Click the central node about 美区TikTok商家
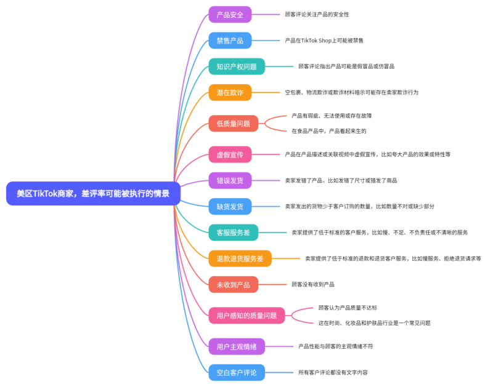[x=92, y=193]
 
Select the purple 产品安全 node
[x=229, y=14]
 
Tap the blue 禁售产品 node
[x=229, y=41]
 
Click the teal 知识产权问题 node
[x=236, y=66]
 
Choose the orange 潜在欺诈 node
[x=229, y=92]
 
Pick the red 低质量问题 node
[x=233, y=123]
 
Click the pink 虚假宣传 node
[x=229, y=154]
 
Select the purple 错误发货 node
[x=229, y=180]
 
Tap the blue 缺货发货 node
[x=229, y=206]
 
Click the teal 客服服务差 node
[x=233, y=233]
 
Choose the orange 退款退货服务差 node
[x=240, y=258]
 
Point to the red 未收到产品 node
[x=233, y=284]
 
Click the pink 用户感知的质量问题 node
[x=246, y=316]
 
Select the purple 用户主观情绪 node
[x=236, y=346]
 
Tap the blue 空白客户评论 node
[x=236, y=372]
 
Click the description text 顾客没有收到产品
[x=313, y=284]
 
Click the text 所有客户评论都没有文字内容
[x=333, y=372]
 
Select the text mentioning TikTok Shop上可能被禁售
[x=324, y=41]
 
